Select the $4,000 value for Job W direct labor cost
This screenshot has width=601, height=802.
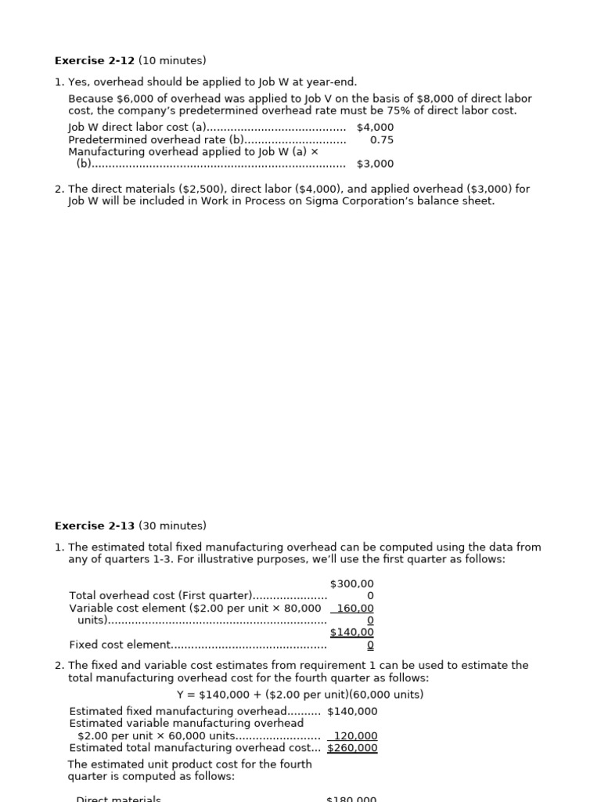[375, 127]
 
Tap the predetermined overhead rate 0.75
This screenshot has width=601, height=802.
[381, 139]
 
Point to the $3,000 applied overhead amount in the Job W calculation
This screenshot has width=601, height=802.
[375, 164]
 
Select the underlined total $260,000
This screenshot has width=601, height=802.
[352, 748]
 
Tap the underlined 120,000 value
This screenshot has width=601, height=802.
[357, 735]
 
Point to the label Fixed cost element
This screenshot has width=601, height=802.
[120, 645]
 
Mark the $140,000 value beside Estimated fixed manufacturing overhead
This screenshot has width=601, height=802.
[352, 711]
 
